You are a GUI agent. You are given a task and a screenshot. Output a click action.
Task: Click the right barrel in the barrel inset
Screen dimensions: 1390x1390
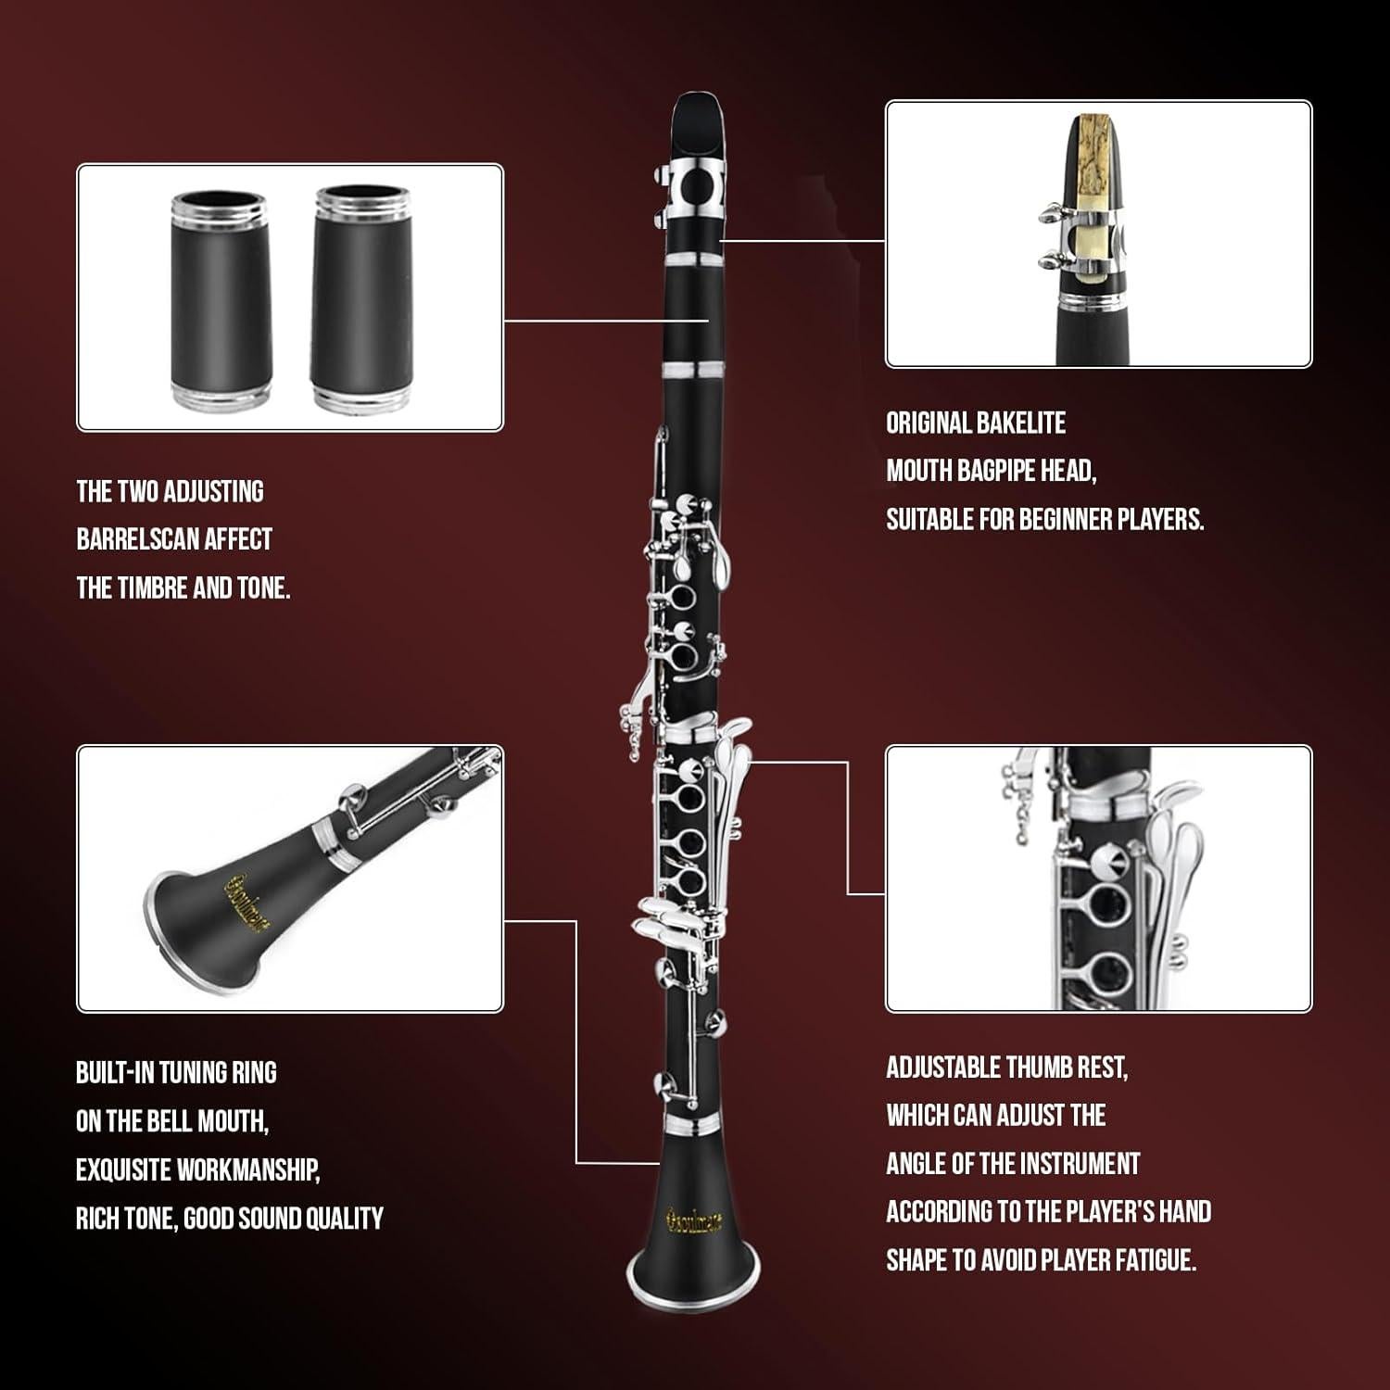tap(361, 298)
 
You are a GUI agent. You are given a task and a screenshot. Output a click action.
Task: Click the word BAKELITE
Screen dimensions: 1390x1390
tap(1021, 423)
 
